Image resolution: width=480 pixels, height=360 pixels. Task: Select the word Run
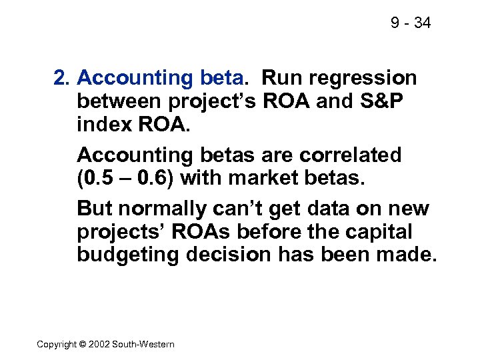click(x=280, y=79)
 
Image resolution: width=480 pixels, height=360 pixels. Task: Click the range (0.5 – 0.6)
click(x=125, y=179)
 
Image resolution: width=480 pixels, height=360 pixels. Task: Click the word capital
click(x=377, y=233)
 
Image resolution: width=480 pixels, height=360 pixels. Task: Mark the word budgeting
click(x=127, y=256)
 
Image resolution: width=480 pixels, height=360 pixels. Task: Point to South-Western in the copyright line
click(x=145, y=344)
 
